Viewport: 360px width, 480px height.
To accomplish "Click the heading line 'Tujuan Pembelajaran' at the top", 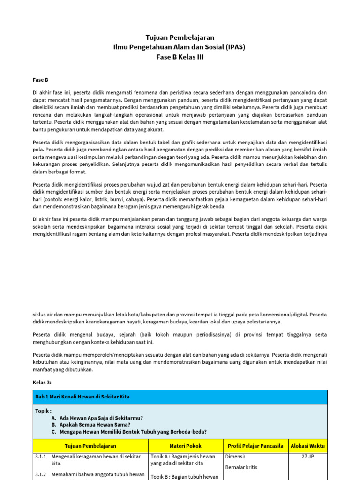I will coord(180,37).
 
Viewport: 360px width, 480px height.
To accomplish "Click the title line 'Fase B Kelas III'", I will coord(180,57).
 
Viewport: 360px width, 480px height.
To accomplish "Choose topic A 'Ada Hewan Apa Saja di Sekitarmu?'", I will coord(101,417).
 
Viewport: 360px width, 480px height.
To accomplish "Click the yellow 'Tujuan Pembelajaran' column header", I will coord(90,446).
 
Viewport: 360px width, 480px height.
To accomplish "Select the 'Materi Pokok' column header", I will coord(185,446).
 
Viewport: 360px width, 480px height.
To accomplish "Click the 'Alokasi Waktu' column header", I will coord(307,446).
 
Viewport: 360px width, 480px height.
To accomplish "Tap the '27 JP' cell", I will coord(307,456).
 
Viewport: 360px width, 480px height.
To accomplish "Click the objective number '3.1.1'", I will coord(40,456).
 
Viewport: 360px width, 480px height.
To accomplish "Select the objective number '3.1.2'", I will coord(40,474).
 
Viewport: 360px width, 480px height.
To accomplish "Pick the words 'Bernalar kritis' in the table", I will coord(241,467).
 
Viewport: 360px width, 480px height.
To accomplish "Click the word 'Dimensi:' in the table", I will coord(236,456).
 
